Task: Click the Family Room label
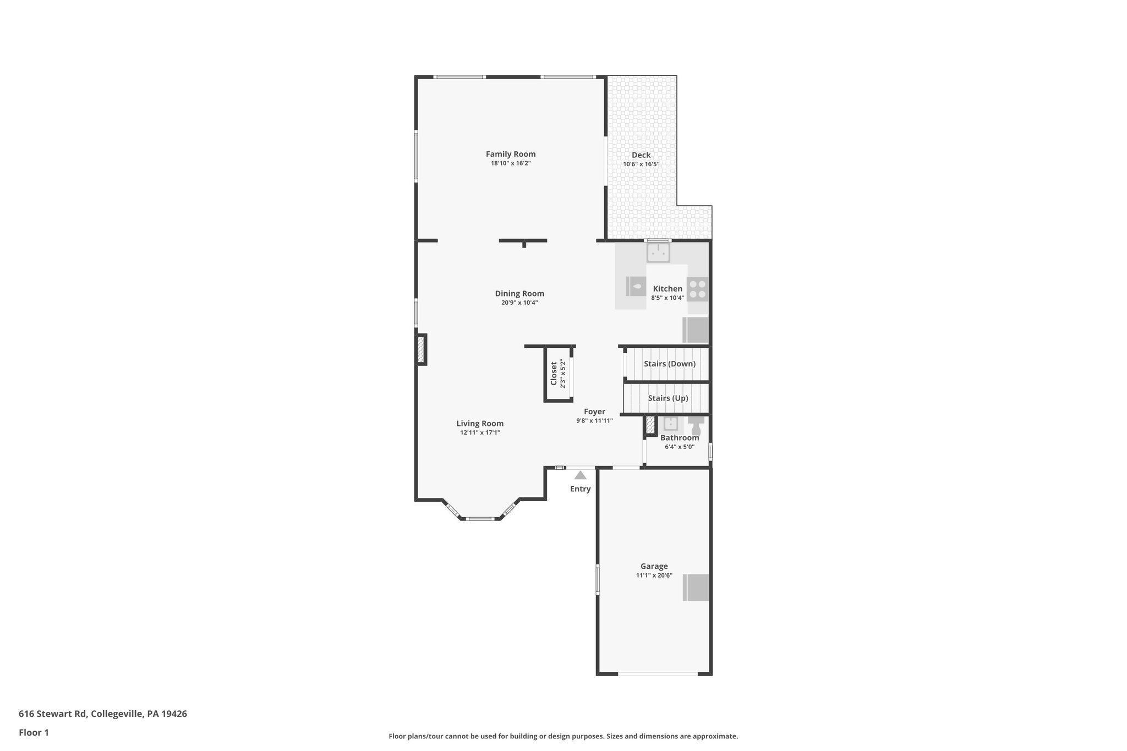[510, 154]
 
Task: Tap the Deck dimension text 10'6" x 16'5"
[641, 164]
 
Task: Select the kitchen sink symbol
[658, 253]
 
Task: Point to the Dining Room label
[519, 293]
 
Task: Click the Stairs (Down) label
[669, 364]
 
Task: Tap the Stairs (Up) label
[668, 398]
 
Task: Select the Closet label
[554, 374]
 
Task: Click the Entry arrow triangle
[580, 475]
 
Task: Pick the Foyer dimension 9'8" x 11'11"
[594, 420]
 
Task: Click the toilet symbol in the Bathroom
[696, 424]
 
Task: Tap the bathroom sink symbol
[670, 424]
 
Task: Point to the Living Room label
[480, 423]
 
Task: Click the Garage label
[654, 566]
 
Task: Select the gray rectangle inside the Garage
[696, 588]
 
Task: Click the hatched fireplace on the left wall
[421, 349]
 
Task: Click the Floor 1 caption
[34, 732]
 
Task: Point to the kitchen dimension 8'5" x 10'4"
[667, 298]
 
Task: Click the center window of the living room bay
[480, 518]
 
